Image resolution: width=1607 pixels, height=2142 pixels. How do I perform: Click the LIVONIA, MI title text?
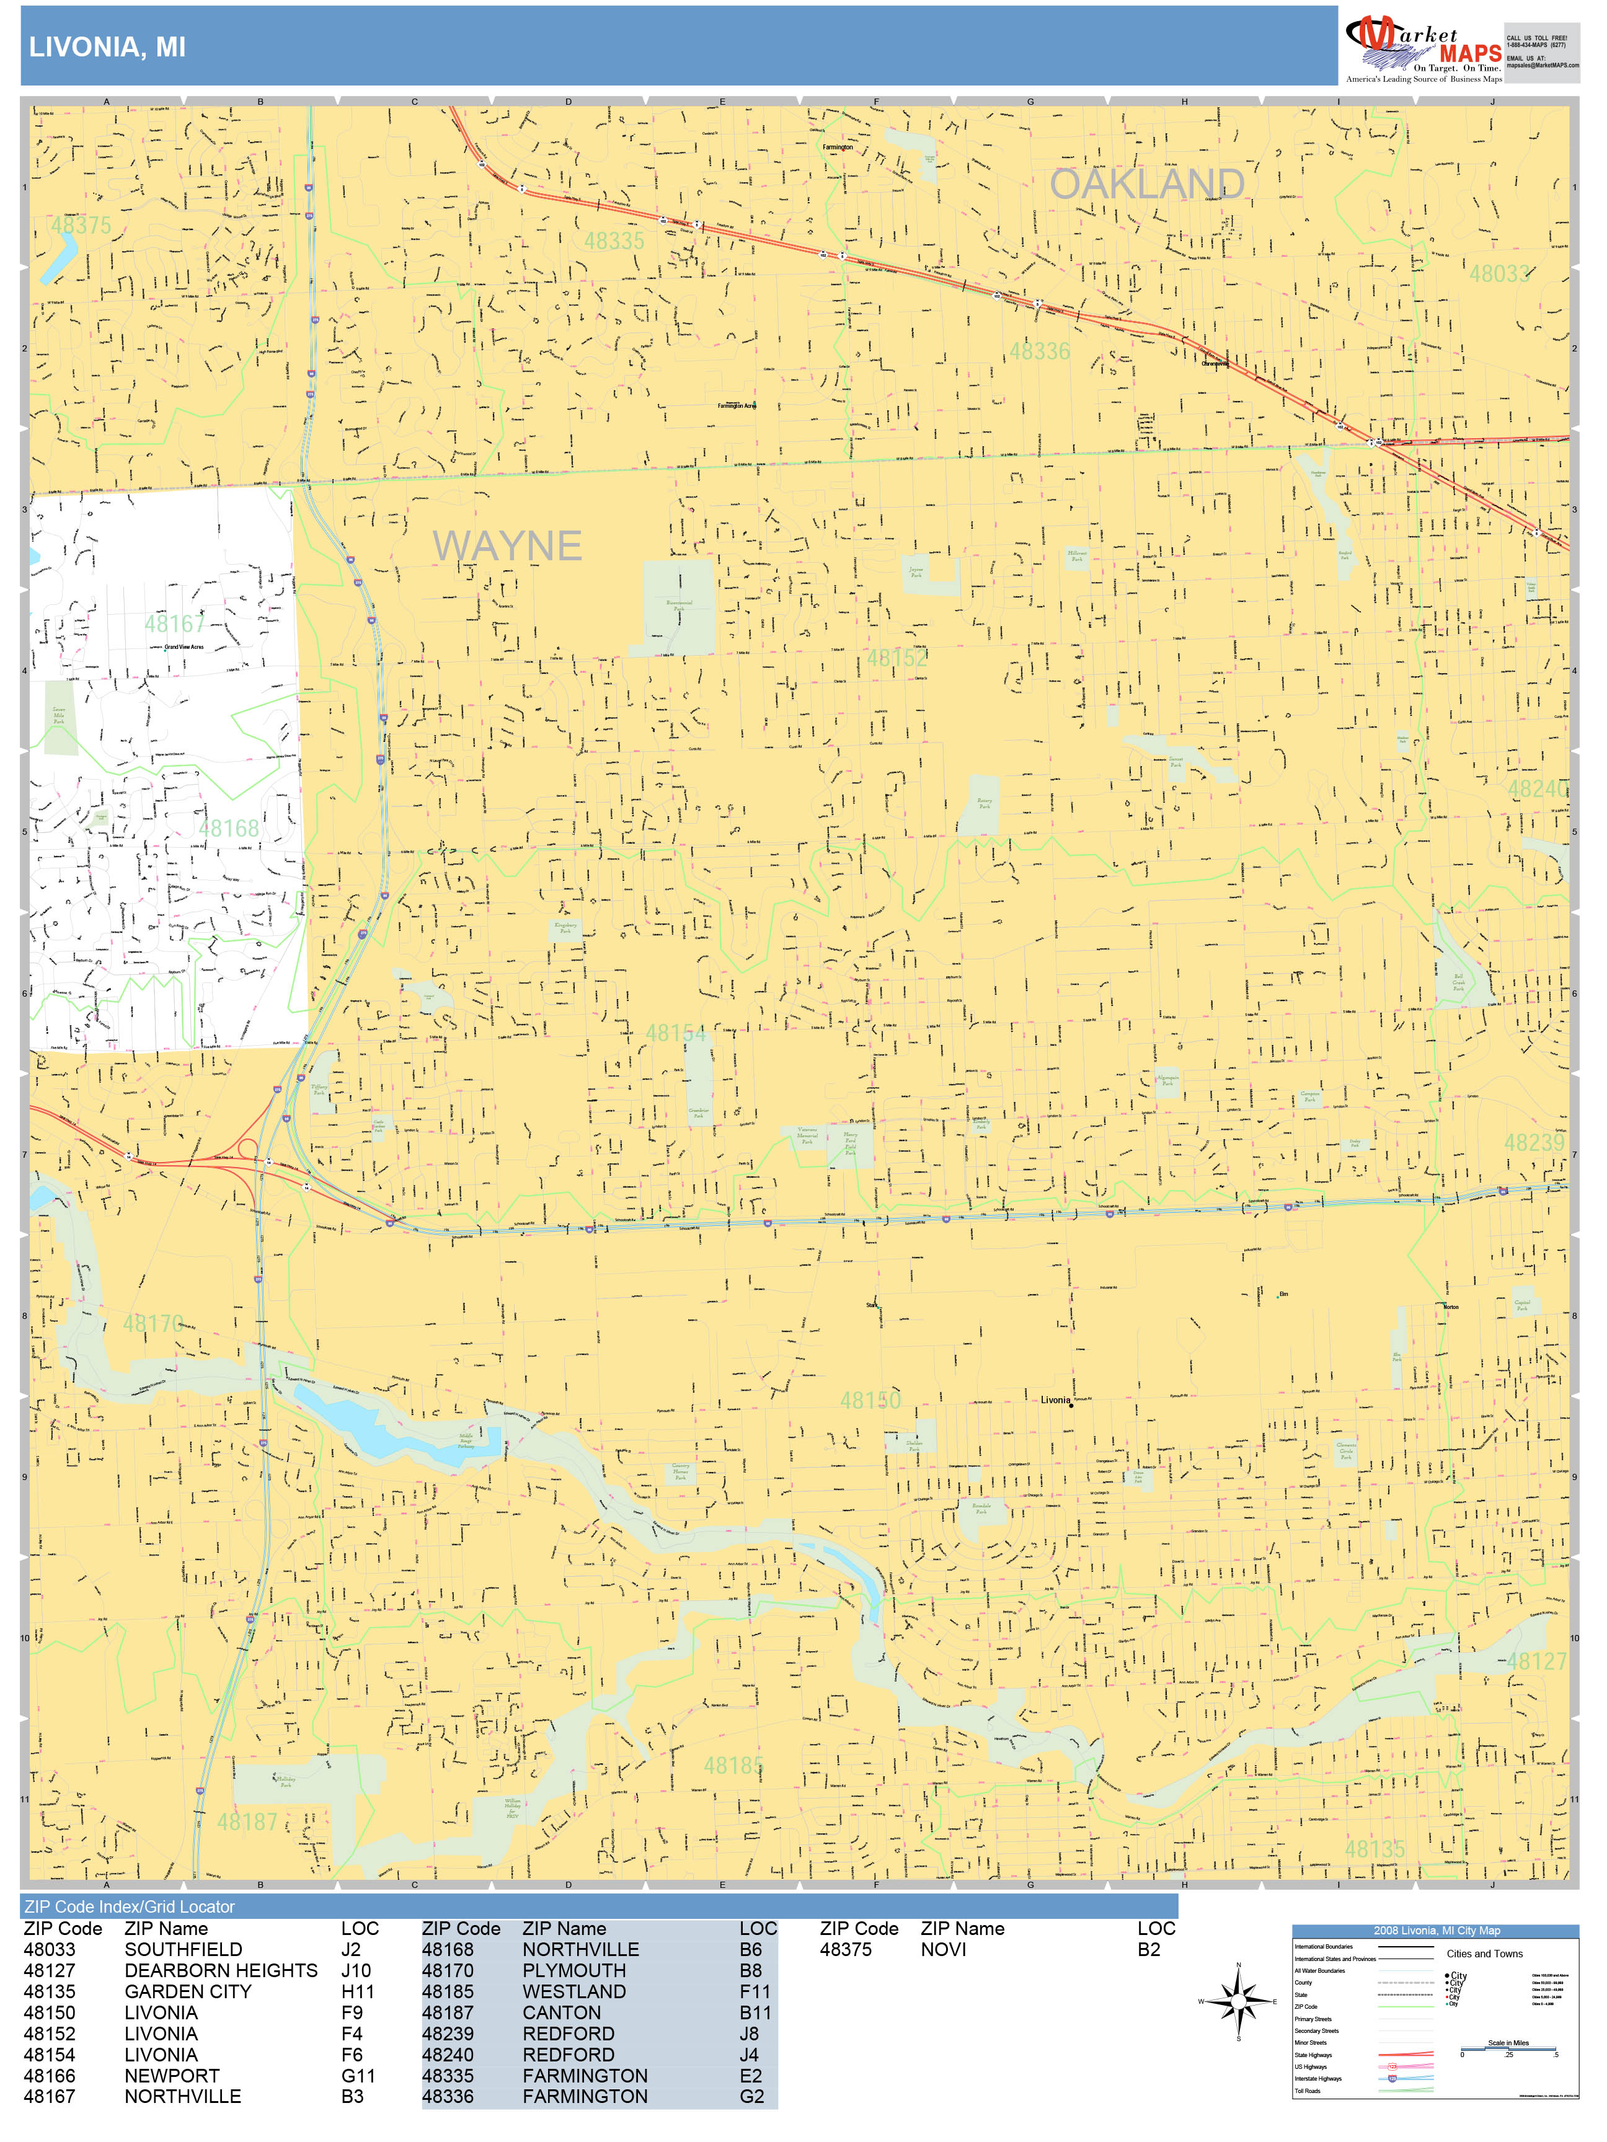coord(107,48)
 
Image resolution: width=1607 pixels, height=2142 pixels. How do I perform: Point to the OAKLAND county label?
coord(1147,184)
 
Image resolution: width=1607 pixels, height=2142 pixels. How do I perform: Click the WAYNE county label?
coord(507,546)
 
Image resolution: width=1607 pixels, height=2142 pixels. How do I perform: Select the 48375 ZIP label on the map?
coord(81,226)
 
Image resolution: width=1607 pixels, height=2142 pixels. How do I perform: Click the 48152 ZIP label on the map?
coord(896,658)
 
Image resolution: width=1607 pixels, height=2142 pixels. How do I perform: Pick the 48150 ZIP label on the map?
coord(870,1400)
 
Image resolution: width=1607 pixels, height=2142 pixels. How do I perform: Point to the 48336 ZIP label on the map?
coord(1039,351)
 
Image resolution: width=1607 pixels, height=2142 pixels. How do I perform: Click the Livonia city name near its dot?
coord(1055,1400)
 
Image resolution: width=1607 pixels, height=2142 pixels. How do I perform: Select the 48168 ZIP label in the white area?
coord(229,828)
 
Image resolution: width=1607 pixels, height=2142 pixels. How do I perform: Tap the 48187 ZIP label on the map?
coord(247,1822)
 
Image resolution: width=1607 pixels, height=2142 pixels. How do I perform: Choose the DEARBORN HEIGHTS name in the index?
coord(221,1970)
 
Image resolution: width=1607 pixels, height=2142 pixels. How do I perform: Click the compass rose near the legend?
coord(1238,2001)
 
